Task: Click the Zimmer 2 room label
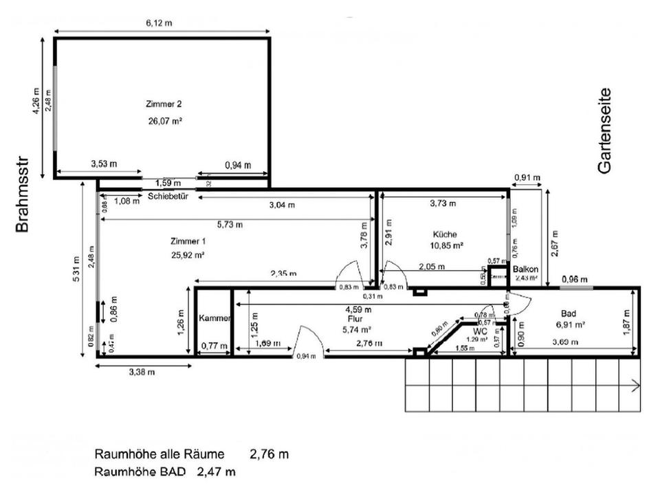pos(164,104)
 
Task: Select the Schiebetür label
pos(168,196)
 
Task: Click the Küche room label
pos(445,234)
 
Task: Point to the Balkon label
pos(525,269)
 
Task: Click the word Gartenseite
pos(605,131)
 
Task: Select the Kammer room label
pos(212,319)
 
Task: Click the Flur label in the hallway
pos(355,319)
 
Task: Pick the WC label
pos(480,331)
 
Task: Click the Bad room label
pos(568,312)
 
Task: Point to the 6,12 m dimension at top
pos(159,23)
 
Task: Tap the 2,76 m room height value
pos(269,454)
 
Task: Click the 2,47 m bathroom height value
pos(216,472)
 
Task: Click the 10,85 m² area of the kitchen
pos(446,245)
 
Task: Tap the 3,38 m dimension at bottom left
pos(142,372)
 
